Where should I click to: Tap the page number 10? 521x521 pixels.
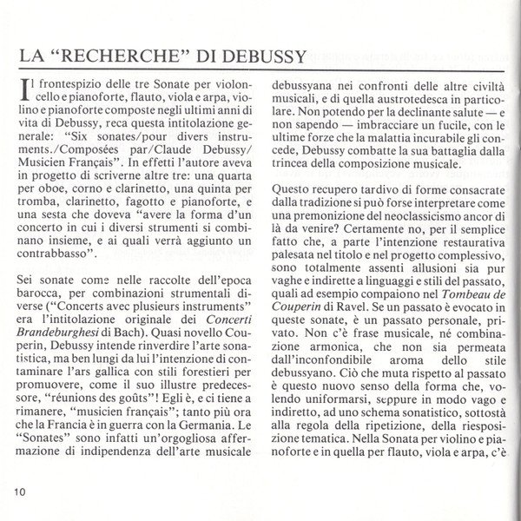point(22,491)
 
